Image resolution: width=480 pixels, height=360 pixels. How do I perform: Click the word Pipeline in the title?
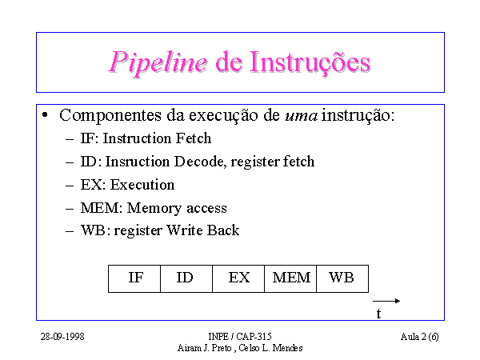tap(158, 63)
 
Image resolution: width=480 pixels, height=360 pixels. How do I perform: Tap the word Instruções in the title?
tap(310, 62)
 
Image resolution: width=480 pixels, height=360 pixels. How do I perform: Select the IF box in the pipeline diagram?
tap(134, 278)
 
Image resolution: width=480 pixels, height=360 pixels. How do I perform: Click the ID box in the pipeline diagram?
tap(186, 278)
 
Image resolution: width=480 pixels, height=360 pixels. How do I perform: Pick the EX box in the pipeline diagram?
tap(238, 278)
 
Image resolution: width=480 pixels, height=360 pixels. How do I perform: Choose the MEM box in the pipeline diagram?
tap(290, 278)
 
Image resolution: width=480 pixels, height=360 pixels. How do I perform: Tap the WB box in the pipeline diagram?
tap(342, 278)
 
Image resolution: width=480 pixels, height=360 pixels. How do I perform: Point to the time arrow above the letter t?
tap(386, 301)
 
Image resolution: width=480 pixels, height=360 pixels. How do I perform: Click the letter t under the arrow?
tap(378, 314)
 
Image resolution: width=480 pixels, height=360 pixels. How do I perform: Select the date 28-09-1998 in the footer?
tap(62, 337)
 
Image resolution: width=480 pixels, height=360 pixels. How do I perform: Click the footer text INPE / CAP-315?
tap(240, 337)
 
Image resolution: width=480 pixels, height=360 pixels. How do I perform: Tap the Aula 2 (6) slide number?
tap(419, 337)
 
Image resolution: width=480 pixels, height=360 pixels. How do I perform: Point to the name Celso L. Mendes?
tap(270, 348)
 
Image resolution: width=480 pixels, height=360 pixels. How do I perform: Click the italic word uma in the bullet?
tap(302, 116)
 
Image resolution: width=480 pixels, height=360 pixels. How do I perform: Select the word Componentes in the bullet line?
tap(110, 116)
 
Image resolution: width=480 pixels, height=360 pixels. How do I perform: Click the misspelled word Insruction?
tap(138, 162)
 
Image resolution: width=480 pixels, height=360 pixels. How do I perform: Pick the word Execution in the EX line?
tap(142, 185)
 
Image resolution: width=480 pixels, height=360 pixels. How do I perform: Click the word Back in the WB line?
tap(223, 230)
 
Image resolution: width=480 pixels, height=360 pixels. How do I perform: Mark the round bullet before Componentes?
tap(45, 115)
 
